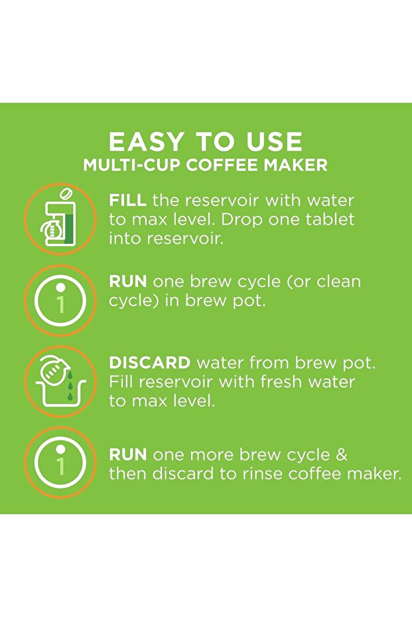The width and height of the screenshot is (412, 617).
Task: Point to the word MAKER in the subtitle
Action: coord(297,165)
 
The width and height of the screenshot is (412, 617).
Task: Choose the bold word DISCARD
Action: coord(150,363)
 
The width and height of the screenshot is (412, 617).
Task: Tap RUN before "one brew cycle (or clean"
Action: coord(128,282)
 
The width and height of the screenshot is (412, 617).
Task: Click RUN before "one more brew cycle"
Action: coord(128,455)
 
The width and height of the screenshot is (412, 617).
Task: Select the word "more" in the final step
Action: coord(218,455)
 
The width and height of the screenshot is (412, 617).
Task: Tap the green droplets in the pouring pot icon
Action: coord(68,384)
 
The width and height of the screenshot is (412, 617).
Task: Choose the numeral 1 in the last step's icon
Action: coord(60,467)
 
